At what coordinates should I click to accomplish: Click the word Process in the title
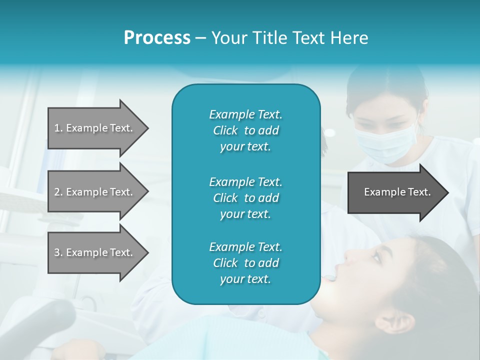(x=157, y=38)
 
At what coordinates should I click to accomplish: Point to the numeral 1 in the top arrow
(x=56, y=128)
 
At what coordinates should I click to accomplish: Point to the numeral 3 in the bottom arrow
(x=57, y=252)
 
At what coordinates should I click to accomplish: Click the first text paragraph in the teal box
(x=245, y=130)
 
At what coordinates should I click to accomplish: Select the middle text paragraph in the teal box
(x=245, y=197)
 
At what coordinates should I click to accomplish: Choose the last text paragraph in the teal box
(x=245, y=263)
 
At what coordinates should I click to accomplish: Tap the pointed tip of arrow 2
(x=147, y=192)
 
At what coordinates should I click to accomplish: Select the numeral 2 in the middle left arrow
(x=57, y=192)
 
